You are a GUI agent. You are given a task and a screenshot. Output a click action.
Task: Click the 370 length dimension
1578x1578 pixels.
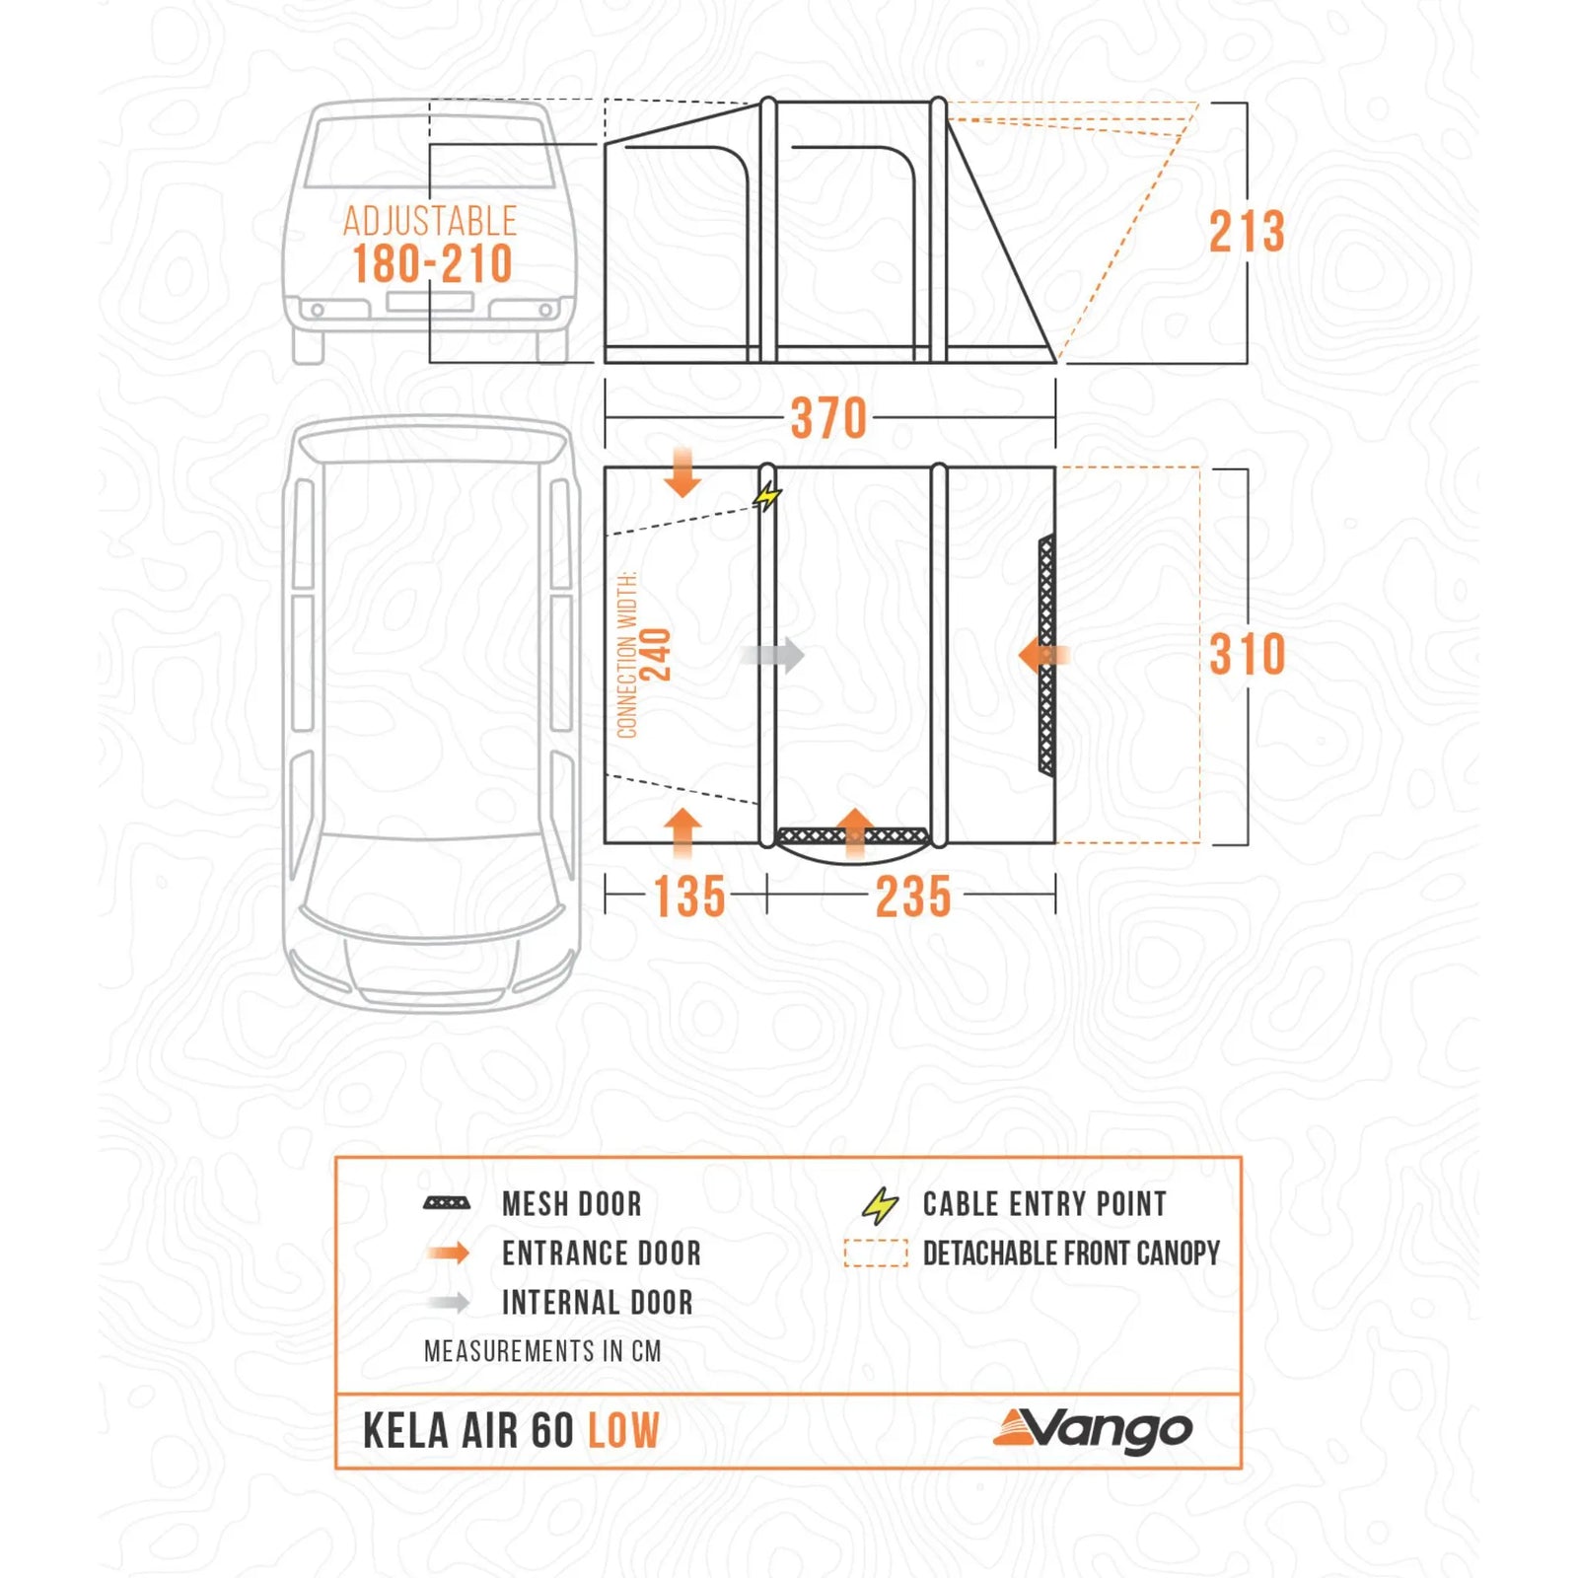[x=828, y=418]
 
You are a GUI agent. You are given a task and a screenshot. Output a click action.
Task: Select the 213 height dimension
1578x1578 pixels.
[x=1247, y=232]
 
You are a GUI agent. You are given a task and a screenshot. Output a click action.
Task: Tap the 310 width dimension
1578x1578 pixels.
[x=1247, y=655]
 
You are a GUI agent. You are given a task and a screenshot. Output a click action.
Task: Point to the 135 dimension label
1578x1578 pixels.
[x=689, y=897]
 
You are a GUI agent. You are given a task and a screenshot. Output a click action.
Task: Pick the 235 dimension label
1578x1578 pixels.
[x=913, y=897]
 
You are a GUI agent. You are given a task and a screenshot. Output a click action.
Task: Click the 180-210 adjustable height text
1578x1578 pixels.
[x=432, y=264]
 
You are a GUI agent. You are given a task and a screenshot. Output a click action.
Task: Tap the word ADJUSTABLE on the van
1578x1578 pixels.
[x=430, y=221]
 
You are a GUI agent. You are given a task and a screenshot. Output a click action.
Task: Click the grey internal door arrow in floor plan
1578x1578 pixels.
[x=773, y=655]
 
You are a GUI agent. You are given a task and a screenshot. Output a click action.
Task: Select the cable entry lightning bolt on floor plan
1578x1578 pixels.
[x=767, y=496]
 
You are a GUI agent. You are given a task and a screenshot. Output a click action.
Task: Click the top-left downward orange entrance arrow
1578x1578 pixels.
[x=682, y=471]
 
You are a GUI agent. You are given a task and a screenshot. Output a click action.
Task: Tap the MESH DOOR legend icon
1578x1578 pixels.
[x=447, y=1203]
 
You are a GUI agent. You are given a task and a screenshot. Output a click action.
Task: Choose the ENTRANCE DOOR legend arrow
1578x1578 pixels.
[x=449, y=1254]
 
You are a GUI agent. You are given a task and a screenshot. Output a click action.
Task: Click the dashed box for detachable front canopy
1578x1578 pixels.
[x=876, y=1254]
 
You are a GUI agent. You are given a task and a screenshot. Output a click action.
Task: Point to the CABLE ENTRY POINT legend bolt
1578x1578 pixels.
[x=879, y=1205]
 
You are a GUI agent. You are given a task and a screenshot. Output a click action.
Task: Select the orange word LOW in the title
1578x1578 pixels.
[x=623, y=1431]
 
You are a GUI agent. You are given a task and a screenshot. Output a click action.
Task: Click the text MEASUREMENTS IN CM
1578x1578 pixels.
[x=542, y=1351]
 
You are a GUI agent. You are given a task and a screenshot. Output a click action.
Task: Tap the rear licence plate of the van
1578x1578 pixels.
[x=430, y=301]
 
